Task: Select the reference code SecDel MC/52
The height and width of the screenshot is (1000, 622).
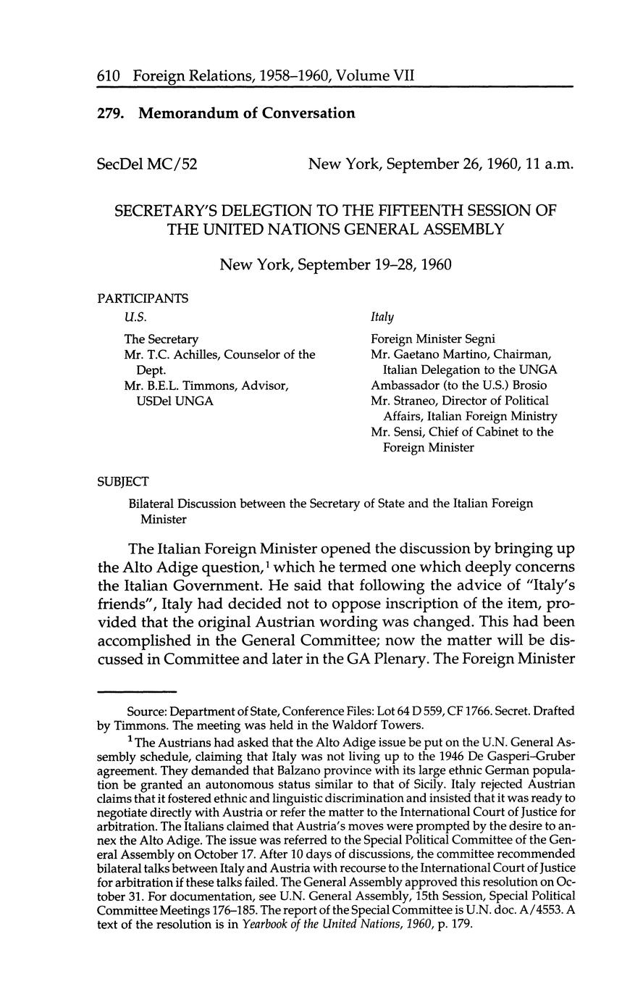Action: click(x=147, y=164)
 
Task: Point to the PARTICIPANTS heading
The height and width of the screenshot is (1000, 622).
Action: click(x=143, y=298)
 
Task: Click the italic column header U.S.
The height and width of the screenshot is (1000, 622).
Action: click(x=135, y=317)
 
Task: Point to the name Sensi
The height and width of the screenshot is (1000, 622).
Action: click(x=413, y=432)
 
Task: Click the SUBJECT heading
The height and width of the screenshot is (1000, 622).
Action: click(x=122, y=482)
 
